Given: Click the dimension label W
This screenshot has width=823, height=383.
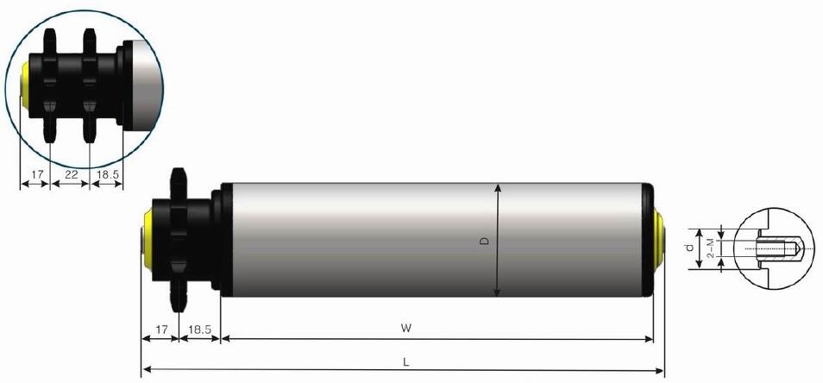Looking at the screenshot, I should pos(405,329).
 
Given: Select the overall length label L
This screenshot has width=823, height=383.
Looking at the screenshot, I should pos(405,361).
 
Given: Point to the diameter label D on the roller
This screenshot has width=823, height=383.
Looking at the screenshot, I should pos(485,242).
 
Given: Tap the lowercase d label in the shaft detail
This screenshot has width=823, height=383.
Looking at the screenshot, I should pos(690,248).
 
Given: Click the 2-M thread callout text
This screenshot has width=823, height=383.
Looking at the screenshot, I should pos(710,248).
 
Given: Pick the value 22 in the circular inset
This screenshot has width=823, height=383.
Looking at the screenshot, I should pos(70,175).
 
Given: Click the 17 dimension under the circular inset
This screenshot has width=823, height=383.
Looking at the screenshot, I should pos(35,175).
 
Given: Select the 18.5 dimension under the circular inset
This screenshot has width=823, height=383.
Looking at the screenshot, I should pos(107,175).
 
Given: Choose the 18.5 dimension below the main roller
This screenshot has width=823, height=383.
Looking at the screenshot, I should pos(199,329).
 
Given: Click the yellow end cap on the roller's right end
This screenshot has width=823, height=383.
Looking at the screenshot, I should pos(660,239).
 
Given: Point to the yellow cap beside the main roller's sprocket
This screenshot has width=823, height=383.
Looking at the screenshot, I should pos(148,239).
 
